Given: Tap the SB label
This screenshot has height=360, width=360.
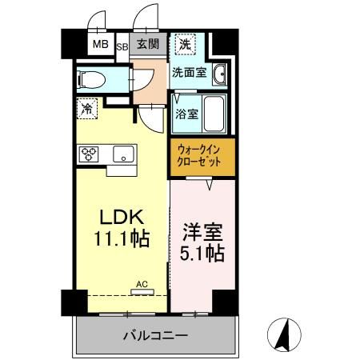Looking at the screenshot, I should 123,45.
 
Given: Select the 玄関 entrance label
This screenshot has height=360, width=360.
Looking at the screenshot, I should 146,44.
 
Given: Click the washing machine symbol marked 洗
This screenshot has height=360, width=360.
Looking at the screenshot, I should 184,45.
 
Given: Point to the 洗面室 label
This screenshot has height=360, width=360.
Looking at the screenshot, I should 190,73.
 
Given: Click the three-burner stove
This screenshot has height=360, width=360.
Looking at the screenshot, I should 89,154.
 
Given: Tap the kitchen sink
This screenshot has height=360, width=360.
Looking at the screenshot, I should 124,154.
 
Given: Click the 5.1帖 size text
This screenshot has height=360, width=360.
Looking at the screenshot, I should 203,254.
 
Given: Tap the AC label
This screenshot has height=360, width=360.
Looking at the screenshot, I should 142,283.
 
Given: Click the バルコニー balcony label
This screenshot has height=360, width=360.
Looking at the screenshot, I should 155,334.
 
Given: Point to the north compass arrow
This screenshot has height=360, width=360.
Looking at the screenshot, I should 283,334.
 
